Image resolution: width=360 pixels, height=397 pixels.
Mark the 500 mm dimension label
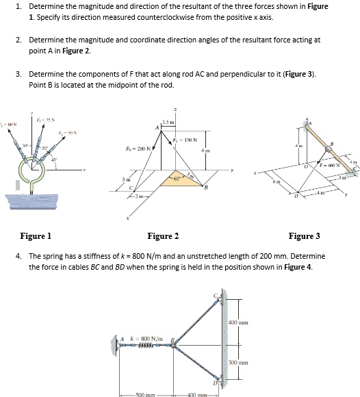point(146,394)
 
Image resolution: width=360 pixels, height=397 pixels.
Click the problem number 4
point(17,256)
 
